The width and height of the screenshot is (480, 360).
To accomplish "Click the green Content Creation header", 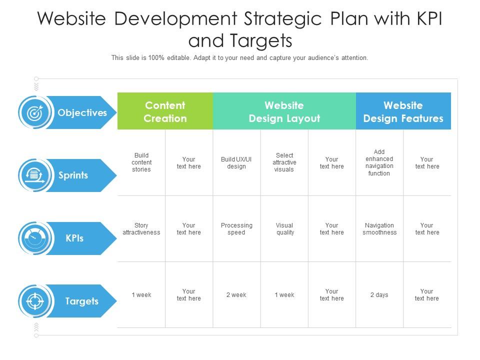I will pyautogui.click(x=165, y=111).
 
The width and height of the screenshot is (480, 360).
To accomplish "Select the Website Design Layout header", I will pyautogui.click(x=284, y=111).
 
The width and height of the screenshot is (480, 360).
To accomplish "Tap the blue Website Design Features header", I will pyautogui.click(x=403, y=111).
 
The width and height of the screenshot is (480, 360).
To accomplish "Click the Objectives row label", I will pyautogui.click(x=82, y=112).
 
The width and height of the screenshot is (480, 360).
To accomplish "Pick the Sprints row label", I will pyautogui.click(x=73, y=175).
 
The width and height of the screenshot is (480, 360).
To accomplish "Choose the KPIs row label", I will pyautogui.click(x=74, y=238).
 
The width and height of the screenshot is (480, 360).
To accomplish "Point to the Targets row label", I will pyautogui.click(x=81, y=301).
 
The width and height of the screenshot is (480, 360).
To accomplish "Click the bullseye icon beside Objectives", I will pyautogui.click(x=34, y=113).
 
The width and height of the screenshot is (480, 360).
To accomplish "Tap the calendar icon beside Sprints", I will pyautogui.click(x=34, y=175).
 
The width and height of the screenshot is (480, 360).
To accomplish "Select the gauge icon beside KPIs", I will pyautogui.click(x=34, y=238).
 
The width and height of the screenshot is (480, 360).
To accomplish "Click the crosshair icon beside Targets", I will pyautogui.click(x=34, y=301).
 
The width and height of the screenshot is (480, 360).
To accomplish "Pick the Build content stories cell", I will pyautogui.click(x=141, y=162).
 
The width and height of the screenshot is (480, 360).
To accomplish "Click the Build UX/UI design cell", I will pyautogui.click(x=236, y=162).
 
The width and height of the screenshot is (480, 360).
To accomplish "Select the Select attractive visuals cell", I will pyautogui.click(x=284, y=162).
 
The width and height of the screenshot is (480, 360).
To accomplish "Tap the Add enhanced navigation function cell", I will pyautogui.click(x=379, y=162).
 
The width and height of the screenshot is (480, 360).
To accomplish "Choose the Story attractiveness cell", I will pyautogui.click(x=141, y=229).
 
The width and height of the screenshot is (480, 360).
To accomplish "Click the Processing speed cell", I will pyautogui.click(x=236, y=229).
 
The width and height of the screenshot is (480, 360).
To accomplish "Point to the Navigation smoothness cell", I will pyautogui.click(x=379, y=229).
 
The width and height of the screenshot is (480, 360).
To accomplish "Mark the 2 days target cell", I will pyautogui.click(x=379, y=295).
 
